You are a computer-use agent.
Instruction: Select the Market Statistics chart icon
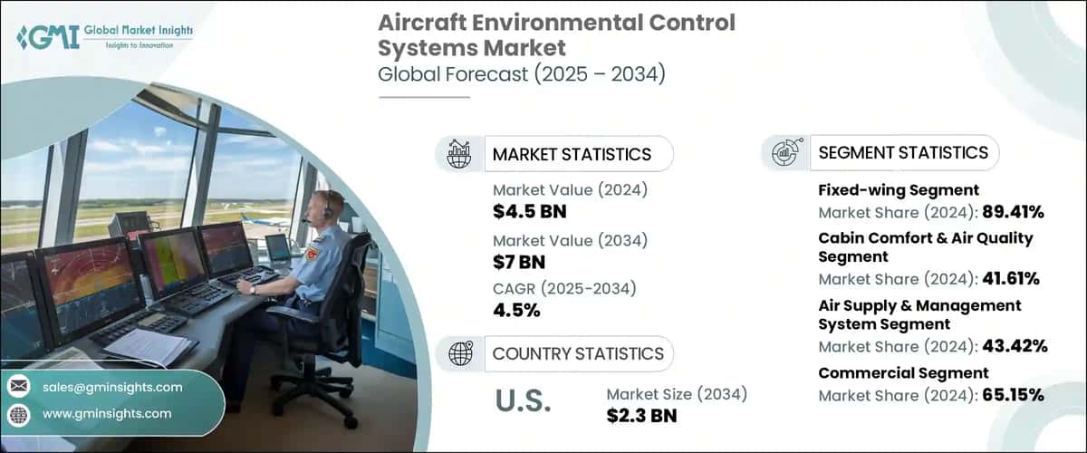coord(459,154)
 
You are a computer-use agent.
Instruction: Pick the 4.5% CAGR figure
coord(516,311)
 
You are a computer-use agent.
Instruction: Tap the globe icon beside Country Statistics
coord(459,353)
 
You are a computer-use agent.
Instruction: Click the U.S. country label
coord(524,401)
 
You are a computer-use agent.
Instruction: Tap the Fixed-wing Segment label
coord(885,190)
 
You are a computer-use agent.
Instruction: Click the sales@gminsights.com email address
coord(113,387)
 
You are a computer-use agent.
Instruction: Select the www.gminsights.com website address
coord(107,413)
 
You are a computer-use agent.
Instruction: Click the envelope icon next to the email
coord(19,387)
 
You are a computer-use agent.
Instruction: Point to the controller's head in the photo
coord(332,206)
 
